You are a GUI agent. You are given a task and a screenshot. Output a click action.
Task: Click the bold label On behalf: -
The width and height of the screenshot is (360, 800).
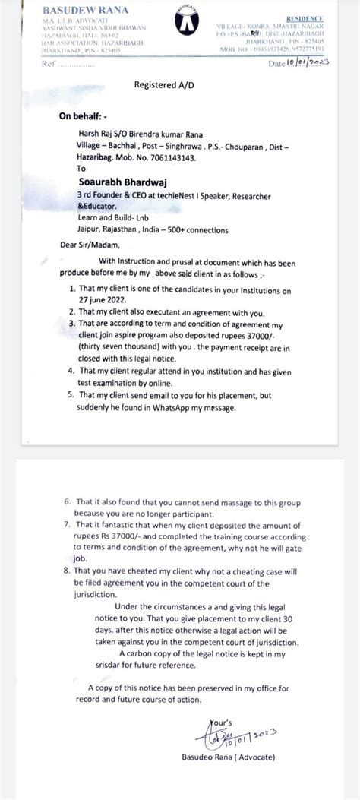[84, 118]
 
